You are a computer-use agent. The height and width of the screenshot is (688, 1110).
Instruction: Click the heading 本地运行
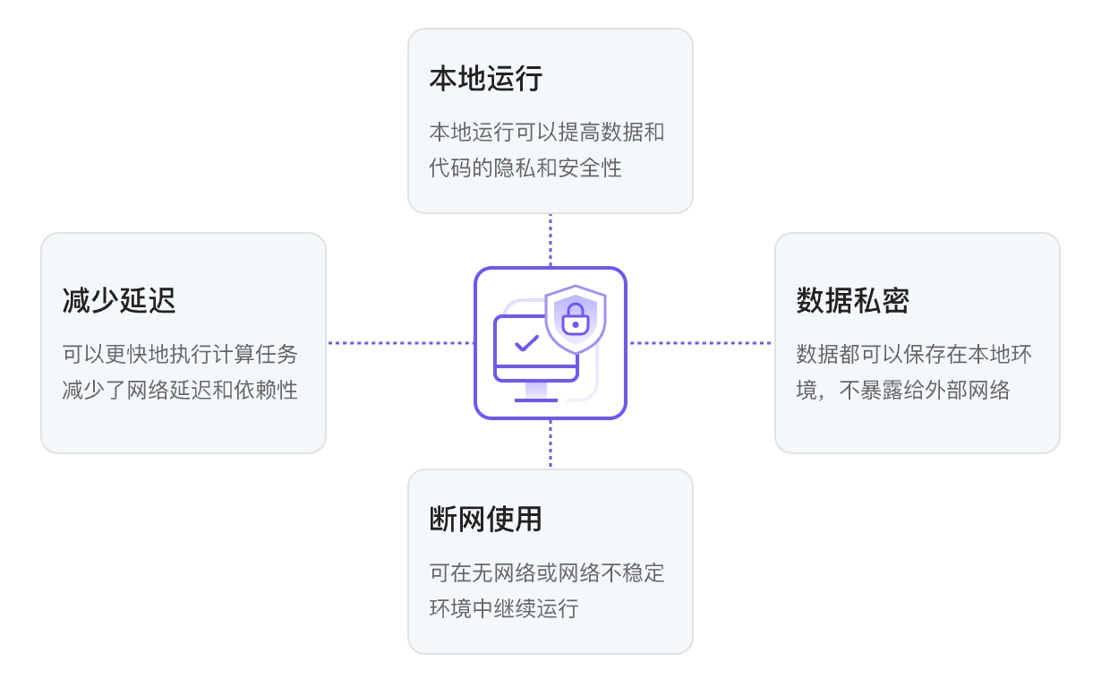click(485, 79)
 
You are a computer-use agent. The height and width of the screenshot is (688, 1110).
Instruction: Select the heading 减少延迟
click(119, 300)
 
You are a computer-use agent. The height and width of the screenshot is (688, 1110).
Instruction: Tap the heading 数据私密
click(852, 300)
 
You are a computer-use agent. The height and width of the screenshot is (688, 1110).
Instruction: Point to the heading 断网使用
click(485, 519)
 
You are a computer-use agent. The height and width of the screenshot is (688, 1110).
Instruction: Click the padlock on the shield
click(575, 317)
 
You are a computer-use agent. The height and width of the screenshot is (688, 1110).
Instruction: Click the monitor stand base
click(535, 400)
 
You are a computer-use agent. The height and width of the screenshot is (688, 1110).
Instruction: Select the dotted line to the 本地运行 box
click(551, 240)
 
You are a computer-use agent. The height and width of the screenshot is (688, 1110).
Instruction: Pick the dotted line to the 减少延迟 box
click(399, 343)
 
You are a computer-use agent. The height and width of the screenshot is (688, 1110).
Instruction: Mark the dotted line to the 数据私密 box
click(700, 343)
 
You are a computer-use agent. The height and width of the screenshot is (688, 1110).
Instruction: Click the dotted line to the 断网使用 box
click(551, 444)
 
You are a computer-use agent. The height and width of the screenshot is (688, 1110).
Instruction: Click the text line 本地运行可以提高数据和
click(546, 133)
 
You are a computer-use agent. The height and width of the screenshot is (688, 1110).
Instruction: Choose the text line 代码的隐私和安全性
click(525, 168)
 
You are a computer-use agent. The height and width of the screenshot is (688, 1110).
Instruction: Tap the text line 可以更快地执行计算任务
click(180, 355)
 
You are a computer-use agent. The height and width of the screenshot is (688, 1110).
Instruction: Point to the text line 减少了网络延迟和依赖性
click(180, 390)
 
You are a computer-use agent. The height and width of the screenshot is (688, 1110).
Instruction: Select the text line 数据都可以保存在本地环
click(914, 355)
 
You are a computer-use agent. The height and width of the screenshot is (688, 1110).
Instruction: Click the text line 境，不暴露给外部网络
click(902, 390)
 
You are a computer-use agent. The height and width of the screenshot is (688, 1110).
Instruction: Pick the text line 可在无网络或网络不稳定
click(546, 573)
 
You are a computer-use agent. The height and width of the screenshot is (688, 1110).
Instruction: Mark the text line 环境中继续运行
click(503, 608)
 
